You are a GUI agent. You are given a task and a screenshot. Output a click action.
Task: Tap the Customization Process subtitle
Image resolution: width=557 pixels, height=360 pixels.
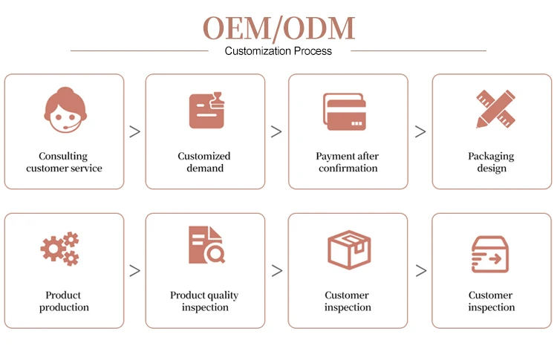pos(278,51)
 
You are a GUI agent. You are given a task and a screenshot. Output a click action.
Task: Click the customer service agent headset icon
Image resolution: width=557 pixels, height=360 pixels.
pos(64,110)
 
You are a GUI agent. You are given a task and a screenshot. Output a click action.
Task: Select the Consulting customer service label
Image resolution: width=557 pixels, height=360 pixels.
pos(64,162)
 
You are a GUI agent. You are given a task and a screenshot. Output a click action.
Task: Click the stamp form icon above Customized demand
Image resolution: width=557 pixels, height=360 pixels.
pos(206,111)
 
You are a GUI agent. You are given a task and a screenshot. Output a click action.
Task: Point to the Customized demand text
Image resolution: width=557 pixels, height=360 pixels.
pos(204,162)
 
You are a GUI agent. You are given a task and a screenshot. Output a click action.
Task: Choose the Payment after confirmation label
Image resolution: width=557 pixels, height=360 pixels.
pos(348,162)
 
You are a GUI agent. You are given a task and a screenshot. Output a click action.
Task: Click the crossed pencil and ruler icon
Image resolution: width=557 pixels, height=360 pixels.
pos(491,109)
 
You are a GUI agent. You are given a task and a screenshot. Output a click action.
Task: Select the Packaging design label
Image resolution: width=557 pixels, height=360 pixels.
pos(491,162)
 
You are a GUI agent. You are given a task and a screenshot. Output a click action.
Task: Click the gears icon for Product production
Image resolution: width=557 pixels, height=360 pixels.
pos(60,249)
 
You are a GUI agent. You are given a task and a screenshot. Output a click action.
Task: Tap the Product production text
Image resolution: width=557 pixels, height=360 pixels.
pos(64,301)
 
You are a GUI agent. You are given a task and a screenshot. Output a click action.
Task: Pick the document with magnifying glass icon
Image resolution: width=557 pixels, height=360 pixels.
pos(206,246)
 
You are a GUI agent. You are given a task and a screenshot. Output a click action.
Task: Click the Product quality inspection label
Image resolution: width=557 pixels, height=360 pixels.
pos(204,301)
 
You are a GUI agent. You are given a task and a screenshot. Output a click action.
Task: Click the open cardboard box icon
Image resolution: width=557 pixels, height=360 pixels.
pos(349,249)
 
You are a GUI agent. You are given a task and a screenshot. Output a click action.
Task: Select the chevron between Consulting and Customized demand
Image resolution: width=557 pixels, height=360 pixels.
pos(134,131)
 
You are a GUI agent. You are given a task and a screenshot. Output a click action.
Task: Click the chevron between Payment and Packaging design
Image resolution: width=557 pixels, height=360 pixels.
pos(420,131)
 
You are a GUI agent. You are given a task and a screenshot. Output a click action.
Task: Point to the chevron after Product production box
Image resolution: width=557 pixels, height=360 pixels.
pos(134,270)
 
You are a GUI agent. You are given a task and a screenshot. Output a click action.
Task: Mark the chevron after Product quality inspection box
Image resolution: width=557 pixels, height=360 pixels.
pos(276,270)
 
